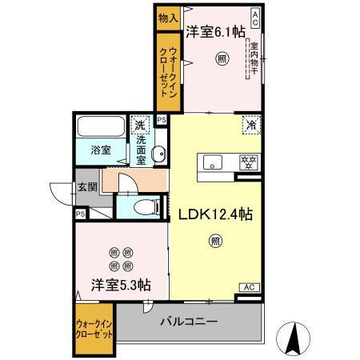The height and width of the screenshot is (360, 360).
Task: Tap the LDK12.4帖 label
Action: (216, 215)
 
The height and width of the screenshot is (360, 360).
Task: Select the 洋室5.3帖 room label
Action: (121, 284)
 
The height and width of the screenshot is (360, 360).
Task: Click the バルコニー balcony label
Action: (190, 322)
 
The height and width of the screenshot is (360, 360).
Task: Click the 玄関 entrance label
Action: (87, 189)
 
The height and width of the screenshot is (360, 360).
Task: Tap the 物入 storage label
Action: (167, 18)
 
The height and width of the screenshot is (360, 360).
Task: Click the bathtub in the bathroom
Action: (99, 127)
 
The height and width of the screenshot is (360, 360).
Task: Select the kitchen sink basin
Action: (214, 162)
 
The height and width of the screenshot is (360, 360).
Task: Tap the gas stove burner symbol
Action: (250, 162)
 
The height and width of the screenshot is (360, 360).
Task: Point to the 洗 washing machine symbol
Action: (140, 125)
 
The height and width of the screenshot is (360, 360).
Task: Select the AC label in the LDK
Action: (249, 286)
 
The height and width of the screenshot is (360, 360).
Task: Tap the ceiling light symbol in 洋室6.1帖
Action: (221, 57)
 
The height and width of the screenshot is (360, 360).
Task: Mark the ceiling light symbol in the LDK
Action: (215, 239)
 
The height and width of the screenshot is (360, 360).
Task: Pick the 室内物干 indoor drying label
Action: (254, 56)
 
